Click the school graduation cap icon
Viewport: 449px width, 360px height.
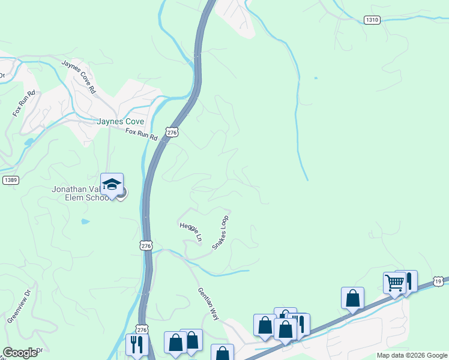coord(112,184)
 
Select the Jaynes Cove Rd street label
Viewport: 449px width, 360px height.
coord(79,76)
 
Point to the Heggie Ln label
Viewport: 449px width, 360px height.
coord(191,232)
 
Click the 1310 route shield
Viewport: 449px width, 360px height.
coord(372,20)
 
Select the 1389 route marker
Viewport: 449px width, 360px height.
coord(10,180)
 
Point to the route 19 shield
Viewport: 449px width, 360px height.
coord(440,281)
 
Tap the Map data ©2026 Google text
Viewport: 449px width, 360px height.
coord(411,355)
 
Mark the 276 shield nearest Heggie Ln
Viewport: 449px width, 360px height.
coord(145,245)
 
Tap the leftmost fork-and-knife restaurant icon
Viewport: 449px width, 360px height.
coord(136,344)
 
